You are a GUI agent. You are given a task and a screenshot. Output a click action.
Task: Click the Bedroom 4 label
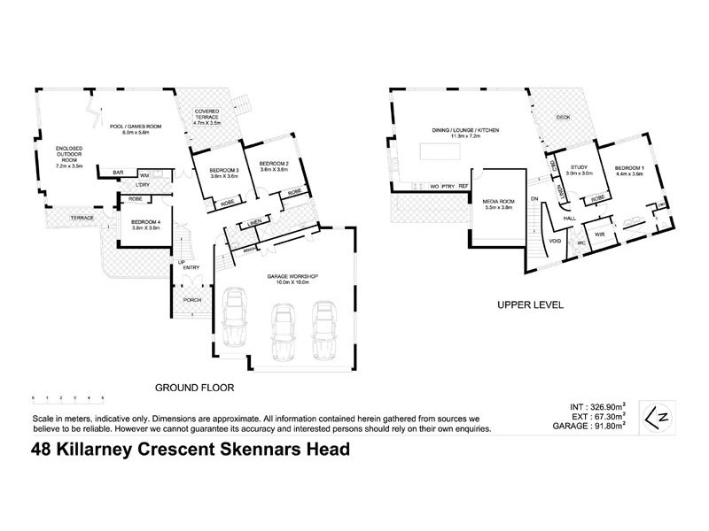[144, 222]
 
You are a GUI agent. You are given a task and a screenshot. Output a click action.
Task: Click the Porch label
[191, 300]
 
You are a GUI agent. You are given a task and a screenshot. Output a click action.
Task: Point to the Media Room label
[500, 203]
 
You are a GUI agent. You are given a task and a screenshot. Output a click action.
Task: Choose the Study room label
[580, 166]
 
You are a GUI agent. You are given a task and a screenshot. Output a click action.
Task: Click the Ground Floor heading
[194, 387]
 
